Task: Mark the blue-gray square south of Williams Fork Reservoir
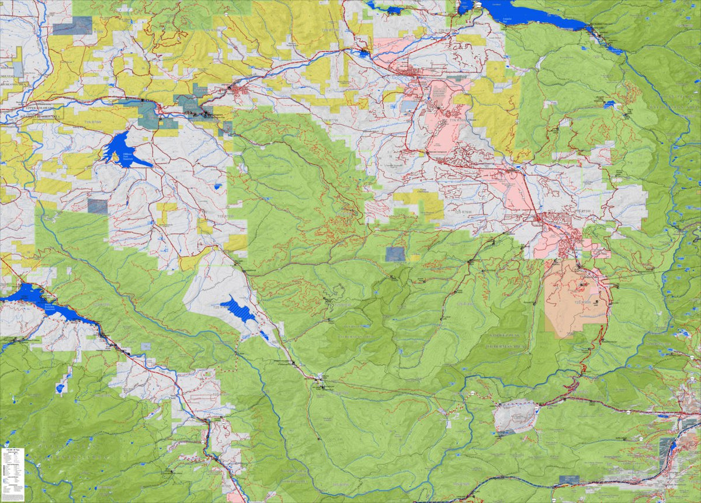click(x=98, y=206)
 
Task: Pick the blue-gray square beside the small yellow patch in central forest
click(x=395, y=254)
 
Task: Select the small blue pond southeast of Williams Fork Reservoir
click(x=218, y=186)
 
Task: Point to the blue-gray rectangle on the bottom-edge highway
click(x=568, y=480)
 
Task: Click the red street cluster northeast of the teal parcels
click(x=240, y=91)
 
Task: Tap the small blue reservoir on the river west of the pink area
click(x=365, y=54)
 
